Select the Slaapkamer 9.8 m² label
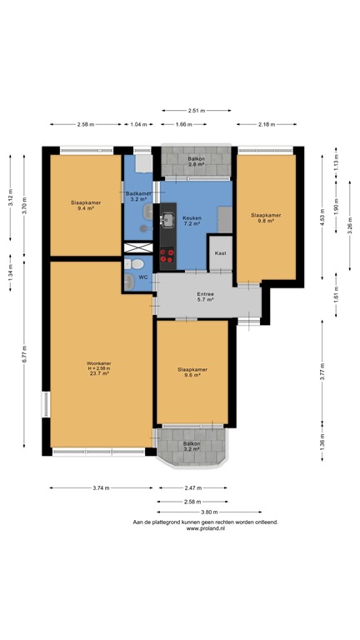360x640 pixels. pyautogui.click(x=266, y=217)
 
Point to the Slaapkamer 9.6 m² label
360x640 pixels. pyautogui.click(x=192, y=372)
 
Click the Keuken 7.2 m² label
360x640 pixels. pyautogui.click(x=192, y=220)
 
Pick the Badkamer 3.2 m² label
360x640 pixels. pyautogui.click(x=137, y=197)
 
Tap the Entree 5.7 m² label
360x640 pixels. pyautogui.click(x=206, y=297)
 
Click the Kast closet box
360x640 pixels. pyautogui.click(x=221, y=253)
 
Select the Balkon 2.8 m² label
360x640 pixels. pyautogui.click(x=196, y=161)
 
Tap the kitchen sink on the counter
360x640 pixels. pyautogui.click(x=167, y=220)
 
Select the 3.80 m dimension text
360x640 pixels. pyautogui.click(x=208, y=512)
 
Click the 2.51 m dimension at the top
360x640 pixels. pyautogui.click(x=197, y=110)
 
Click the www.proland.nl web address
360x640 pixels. pyautogui.click(x=204, y=528)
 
